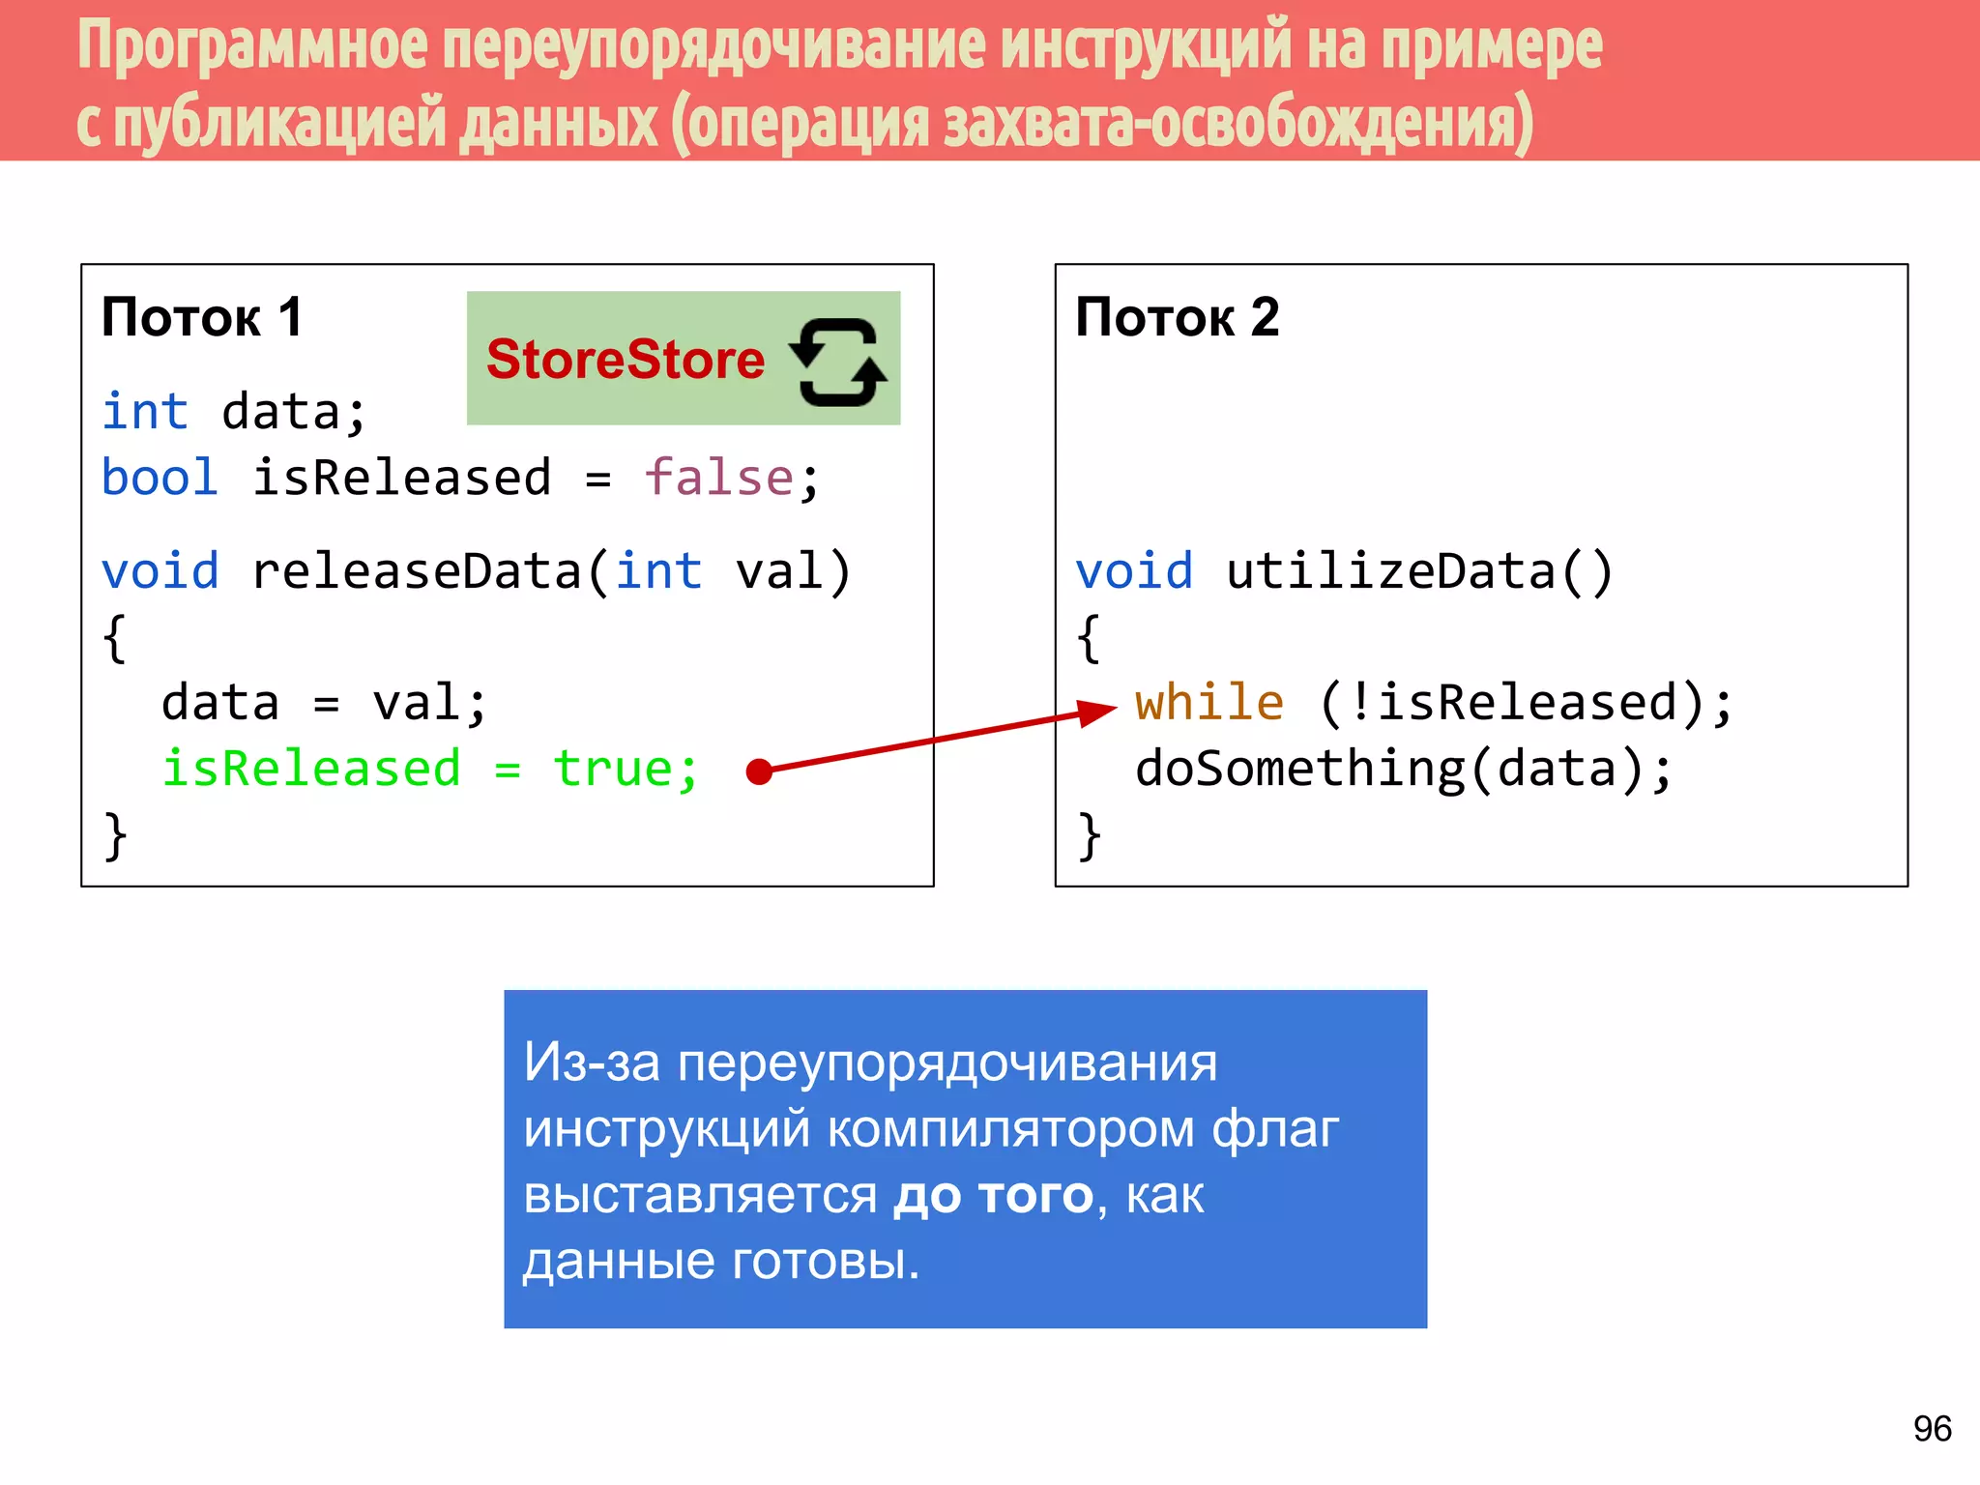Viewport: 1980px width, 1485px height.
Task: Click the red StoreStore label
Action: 625,360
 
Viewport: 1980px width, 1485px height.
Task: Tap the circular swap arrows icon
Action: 837,362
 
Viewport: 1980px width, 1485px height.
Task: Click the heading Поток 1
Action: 202,317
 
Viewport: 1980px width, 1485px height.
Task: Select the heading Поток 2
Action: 1177,317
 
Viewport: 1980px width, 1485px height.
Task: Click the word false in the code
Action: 718,478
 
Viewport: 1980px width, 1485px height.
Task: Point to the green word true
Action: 612,770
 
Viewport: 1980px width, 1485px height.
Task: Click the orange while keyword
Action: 1209,702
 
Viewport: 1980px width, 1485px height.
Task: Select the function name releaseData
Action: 417,570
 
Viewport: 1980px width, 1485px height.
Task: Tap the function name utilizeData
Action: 1390,570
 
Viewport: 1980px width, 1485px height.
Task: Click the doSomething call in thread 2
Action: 1299,770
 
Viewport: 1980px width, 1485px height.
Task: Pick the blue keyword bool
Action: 160,478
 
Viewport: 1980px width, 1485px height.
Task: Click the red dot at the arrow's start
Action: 760,772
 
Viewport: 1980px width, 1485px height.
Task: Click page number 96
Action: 1932,1428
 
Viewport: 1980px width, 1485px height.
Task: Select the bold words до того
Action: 993,1195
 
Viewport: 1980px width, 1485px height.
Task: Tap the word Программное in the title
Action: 251,45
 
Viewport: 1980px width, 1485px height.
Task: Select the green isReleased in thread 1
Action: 311,770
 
